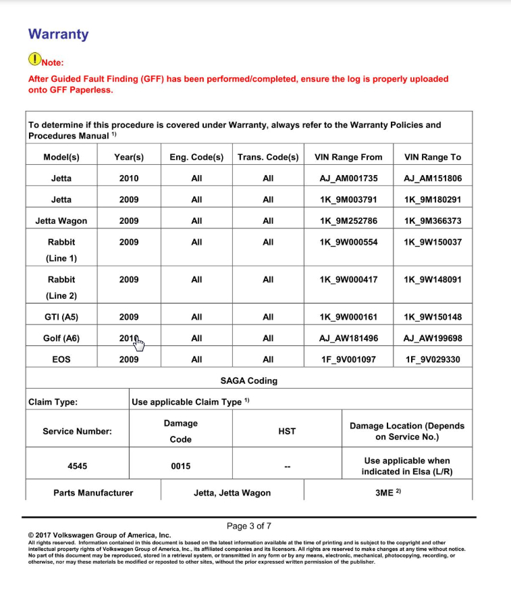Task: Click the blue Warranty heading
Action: click(58, 34)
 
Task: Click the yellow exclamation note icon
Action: click(34, 59)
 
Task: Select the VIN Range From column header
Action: click(348, 157)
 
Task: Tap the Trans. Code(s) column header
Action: click(268, 157)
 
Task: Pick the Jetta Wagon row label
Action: click(61, 220)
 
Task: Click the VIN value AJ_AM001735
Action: click(348, 178)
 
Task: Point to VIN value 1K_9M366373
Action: click(432, 220)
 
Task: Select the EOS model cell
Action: click(61, 359)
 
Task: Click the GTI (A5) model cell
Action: click(61, 316)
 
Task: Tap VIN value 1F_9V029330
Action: click(432, 359)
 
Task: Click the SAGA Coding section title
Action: click(248, 380)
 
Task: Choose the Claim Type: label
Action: click(53, 402)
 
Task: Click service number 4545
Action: click(78, 466)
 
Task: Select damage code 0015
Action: click(181, 466)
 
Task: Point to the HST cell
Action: click(287, 431)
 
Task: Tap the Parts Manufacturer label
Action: click(93, 493)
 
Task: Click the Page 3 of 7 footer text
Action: click(249, 526)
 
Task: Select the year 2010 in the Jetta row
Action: click(129, 178)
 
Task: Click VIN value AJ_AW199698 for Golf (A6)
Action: click(432, 338)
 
